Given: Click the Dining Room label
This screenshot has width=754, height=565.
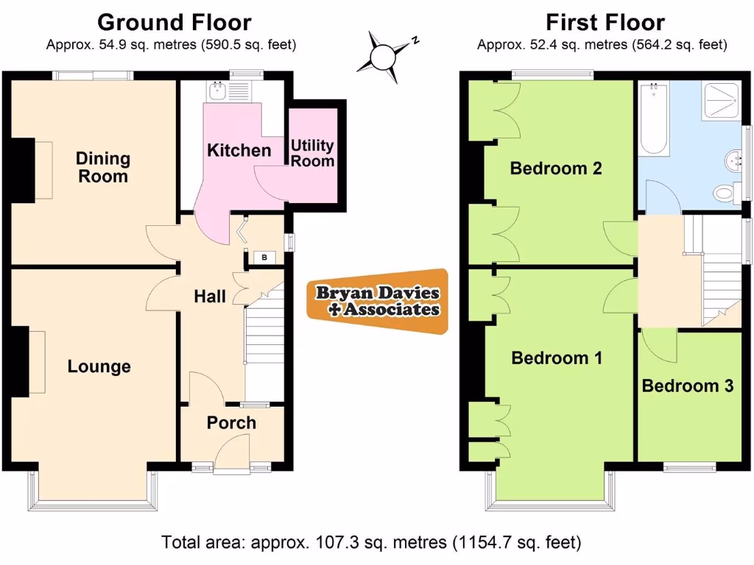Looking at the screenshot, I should pyautogui.click(x=102, y=167).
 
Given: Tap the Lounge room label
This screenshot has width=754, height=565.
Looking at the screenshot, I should pyautogui.click(x=99, y=366).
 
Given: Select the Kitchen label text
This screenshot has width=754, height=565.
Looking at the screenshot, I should pyautogui.click(x=239, y=150).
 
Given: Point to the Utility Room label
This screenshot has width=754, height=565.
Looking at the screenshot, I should pyautogui.click(x=312, y=153).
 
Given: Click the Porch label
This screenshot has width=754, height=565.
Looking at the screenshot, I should pyautogui.click(x=231, y=422).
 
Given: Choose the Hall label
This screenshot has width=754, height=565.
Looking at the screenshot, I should pyautogui.click(x=210, y=296).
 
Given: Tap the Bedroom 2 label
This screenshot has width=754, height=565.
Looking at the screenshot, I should pyautogui.click(x=556, y=168).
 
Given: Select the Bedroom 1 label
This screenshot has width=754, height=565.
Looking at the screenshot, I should pyautogui.click(x=557, y=358).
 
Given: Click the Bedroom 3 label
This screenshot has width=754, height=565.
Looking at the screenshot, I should pyautogui.click(x=687, y=385).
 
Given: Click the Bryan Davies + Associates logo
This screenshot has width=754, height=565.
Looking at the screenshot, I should pyautogui.click(x=378, y=301).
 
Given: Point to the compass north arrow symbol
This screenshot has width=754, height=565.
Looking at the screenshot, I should pyautogui.click(x=385, y=56).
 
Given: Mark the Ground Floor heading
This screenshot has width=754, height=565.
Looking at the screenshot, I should pyautogui.click(x=174, y=23).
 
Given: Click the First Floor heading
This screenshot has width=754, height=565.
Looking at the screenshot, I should pyautogui.click(x=605, y=23).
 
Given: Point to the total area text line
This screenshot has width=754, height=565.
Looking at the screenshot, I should pyautogui.click(x=371, y=543).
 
